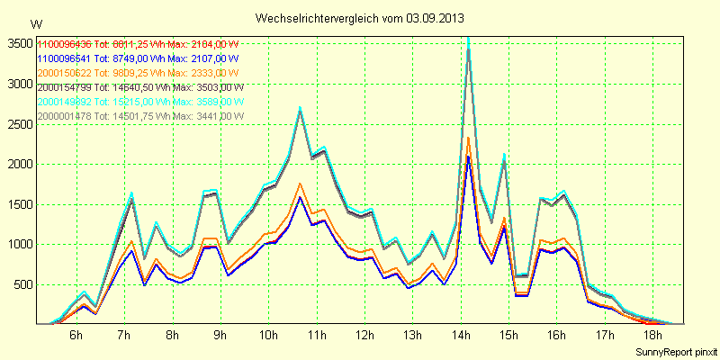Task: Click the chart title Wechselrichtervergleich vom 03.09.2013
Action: (359, 18)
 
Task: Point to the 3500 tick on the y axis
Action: (18, 43)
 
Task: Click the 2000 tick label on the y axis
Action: (18, 164)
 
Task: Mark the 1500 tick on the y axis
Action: (18, 204)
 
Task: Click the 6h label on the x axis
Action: (76, 336)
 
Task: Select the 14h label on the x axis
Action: (462, 336)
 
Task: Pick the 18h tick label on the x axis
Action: (654, 336)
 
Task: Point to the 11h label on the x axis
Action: (317, 336)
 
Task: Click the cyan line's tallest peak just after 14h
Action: (468, 39)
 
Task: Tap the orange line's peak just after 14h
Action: (468, 137)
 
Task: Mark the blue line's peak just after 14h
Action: (468, 157)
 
